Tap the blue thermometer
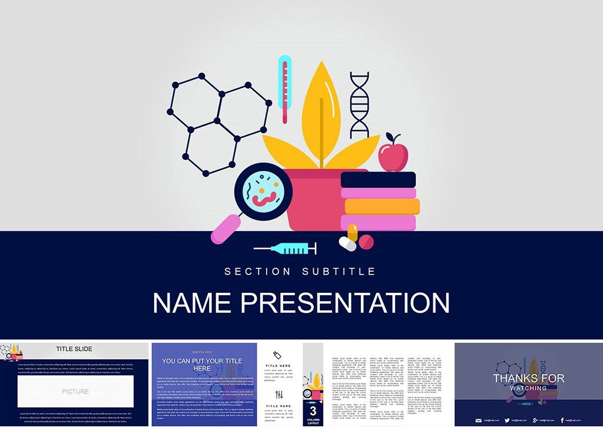(285, 88)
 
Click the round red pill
(366, 242)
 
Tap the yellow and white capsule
(350, 237)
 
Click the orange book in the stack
(382, 206)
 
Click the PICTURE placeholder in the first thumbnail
(75, 391)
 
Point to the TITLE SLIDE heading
(74, 349)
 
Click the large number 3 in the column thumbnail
(313, 410)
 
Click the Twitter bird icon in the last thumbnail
(507, 420)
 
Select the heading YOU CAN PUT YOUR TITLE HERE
(203, 364)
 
